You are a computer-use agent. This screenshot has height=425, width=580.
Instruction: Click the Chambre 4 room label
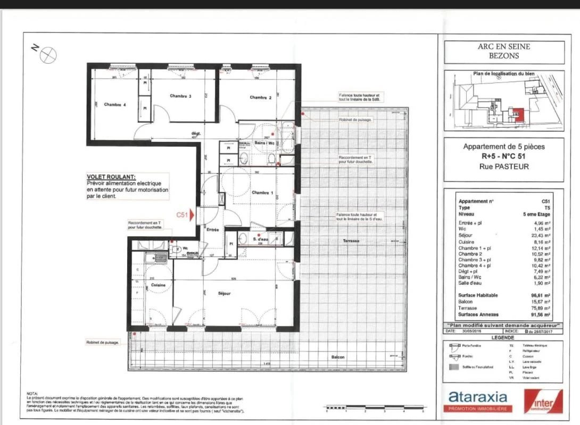[115, 105]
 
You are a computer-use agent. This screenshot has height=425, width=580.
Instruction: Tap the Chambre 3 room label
[180, 96]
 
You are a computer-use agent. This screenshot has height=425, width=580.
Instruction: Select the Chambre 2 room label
[261, 97]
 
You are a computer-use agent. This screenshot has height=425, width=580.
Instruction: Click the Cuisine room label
[158, 285]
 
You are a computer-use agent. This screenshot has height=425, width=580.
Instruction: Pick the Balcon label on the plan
[338, 357]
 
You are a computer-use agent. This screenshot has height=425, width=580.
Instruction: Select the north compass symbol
[48, 54]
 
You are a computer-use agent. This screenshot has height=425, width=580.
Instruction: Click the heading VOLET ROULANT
[111, 177]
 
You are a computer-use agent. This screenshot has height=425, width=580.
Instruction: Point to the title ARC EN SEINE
[503, 47]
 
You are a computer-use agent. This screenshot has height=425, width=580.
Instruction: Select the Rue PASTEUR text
[503, 166]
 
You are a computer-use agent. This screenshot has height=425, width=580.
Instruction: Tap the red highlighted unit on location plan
[517, 114]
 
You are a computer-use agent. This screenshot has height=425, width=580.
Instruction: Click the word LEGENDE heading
[503, 337]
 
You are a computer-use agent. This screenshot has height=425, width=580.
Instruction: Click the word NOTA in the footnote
[32, 394]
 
